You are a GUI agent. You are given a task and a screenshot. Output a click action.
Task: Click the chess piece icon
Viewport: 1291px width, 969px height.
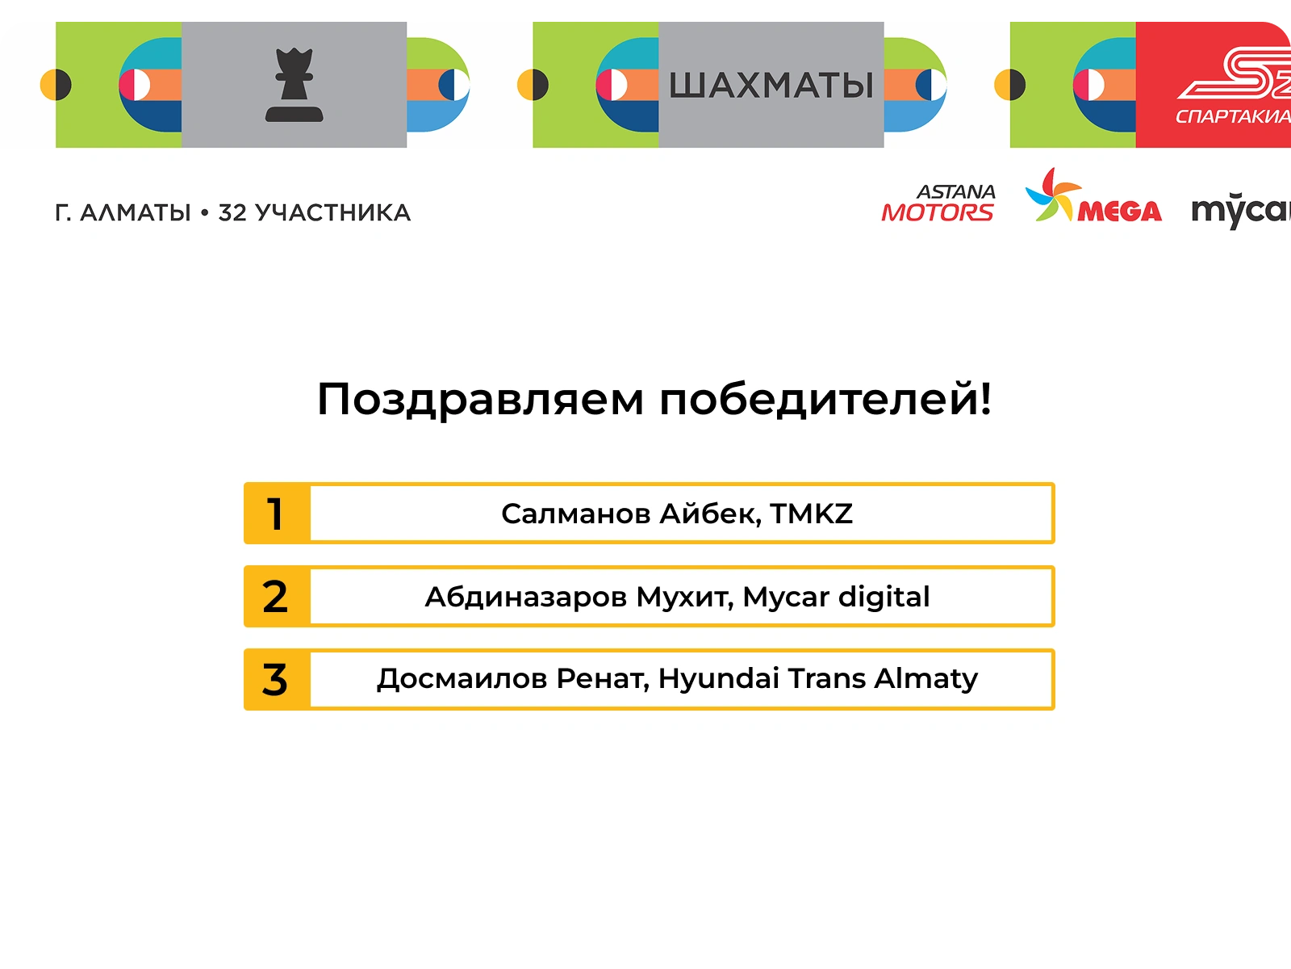coord(294,85)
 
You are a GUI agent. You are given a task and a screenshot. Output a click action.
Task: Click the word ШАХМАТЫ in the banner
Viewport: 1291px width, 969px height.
coord(771,86)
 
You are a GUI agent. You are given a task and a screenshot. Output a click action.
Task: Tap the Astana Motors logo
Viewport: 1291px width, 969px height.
coord(938,203)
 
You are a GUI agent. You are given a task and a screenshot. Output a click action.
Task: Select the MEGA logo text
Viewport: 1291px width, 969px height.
coord(1119,212)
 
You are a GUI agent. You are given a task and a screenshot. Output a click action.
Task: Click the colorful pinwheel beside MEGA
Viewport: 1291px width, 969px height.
coord(1053,194)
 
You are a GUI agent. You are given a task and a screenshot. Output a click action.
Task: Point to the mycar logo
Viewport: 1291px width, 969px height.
coord(1241,211)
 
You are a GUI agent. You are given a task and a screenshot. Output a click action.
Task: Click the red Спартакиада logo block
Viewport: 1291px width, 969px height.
coord(1214,85)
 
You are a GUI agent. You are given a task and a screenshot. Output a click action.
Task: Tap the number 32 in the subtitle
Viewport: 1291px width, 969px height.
coord(232,213)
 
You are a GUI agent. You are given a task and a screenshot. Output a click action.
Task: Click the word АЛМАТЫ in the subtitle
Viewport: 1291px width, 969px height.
coord(136,213)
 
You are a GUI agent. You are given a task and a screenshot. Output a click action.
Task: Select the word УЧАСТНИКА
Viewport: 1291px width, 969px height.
coord(333,213)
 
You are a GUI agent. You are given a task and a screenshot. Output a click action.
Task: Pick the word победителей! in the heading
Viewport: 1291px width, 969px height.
coord(825,398)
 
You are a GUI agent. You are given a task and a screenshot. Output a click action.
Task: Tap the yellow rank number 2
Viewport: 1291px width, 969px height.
coord(274,598)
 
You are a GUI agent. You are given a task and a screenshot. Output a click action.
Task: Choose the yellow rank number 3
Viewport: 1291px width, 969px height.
coord(274,680)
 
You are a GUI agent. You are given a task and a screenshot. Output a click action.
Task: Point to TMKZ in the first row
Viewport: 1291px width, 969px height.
coord(812,514)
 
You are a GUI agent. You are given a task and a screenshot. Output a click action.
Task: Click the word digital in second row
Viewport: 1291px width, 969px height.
coord(884,598)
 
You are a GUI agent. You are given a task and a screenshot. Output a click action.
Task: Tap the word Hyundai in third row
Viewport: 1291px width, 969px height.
coord(719,680)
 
